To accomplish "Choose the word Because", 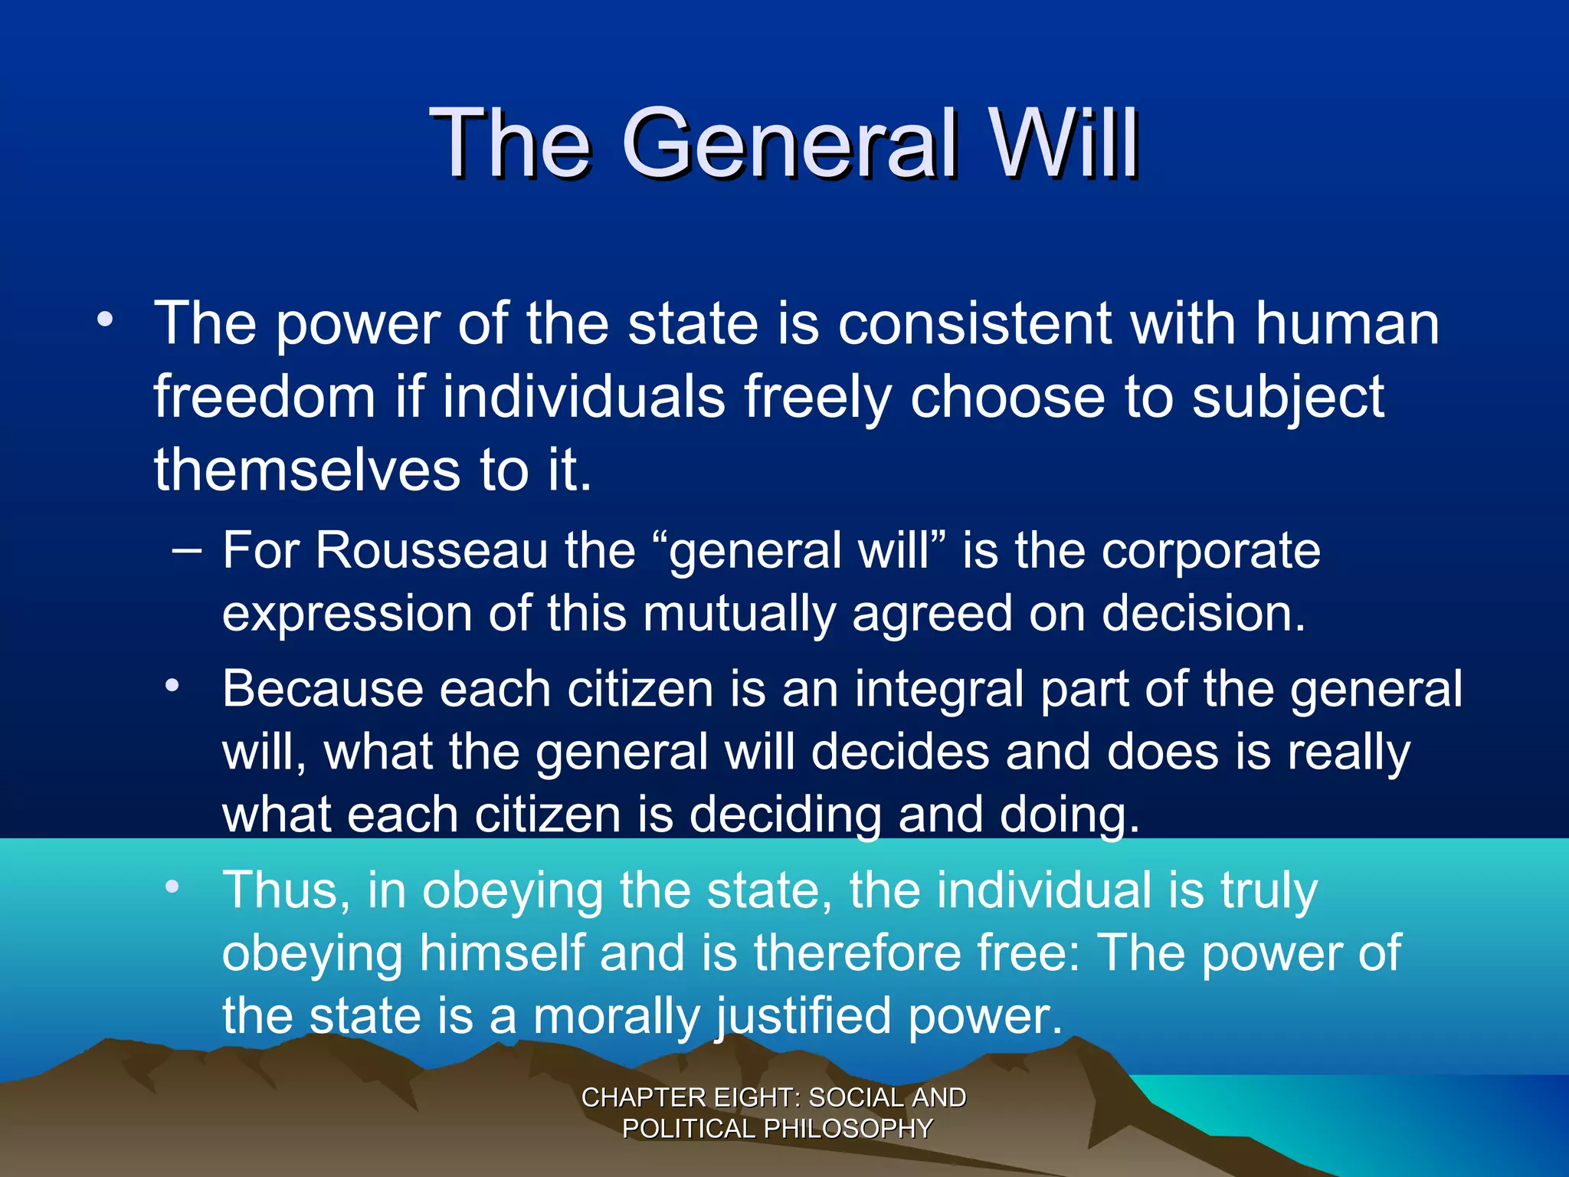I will click(x=322, y=689).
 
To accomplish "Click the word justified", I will click(x=804, y=1018).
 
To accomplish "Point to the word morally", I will click(x=617, y=1018).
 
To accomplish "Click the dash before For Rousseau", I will click(x=188, y=551).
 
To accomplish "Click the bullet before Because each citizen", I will click(x=172, y=685).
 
